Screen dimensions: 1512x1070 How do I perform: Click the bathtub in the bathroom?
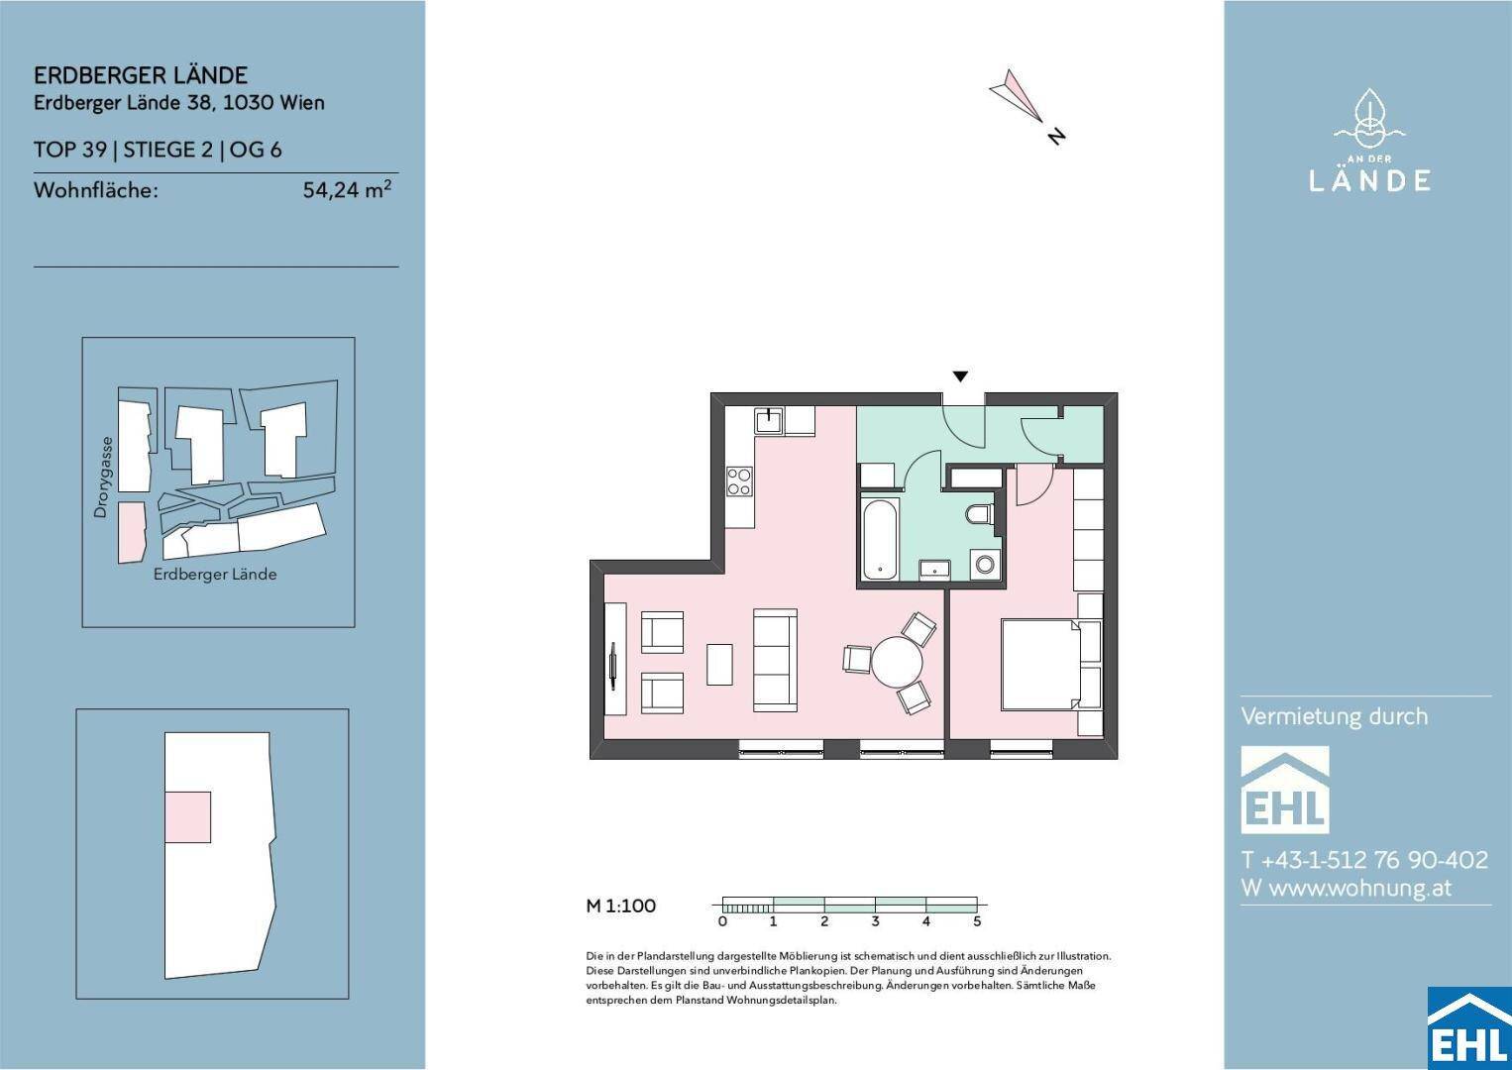pos(880,539)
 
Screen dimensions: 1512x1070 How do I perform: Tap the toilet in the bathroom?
pos(980,514)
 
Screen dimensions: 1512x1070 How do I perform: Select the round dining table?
pos(897,662)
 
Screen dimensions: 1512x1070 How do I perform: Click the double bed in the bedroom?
pos(1040,665)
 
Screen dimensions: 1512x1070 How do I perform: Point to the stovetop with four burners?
pos(739,481)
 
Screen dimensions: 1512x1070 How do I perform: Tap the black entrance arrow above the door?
pos(960,376)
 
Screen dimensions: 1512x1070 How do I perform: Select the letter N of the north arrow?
pos(1056,136)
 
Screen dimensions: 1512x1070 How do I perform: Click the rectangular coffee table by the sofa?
pos(719,664)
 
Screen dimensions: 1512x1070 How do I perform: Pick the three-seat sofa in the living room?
pos(775,660)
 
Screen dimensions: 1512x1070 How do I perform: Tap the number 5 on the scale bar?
pos(976,920)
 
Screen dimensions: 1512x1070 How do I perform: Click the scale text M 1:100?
pos(621,906)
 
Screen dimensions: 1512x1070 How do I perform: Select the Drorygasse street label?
pos(101,477)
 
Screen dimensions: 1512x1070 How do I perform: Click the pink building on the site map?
pos(132,532)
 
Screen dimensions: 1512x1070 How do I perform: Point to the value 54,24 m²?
pos(347,189)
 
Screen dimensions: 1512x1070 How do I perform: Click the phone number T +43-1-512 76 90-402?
pos(1364,859)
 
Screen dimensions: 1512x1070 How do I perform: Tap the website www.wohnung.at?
pos(1360,887)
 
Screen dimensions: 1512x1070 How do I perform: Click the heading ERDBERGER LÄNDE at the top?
pos(141,74)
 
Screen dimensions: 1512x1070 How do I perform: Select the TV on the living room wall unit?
pos(613,666)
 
